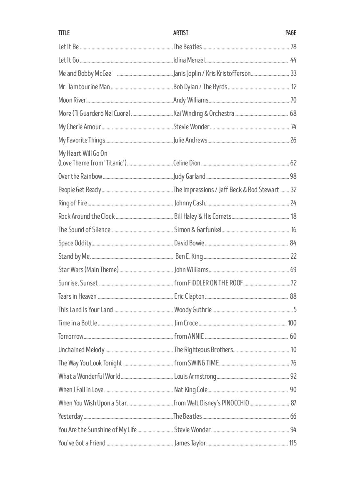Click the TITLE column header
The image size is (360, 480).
(64, 33)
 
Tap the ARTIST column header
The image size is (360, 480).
(181, 33)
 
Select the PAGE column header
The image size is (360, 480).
(291, 33)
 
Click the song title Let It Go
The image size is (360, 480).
(68, 60)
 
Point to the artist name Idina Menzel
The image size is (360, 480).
(189, 60)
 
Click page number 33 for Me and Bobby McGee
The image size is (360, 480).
(293, 73)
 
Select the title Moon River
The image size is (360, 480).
(72, 100)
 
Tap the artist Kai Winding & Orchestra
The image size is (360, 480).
(204, 113)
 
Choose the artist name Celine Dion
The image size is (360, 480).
(187, 163)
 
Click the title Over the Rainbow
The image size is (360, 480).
(80, 176)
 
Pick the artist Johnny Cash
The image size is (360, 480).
(190, 203)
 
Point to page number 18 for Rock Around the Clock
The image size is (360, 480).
(293, 216)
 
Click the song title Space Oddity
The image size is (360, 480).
(75, 243)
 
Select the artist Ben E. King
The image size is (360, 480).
(189, 256)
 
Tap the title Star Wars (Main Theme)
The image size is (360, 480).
(88, 270)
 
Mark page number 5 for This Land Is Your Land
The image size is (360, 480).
(295, 310)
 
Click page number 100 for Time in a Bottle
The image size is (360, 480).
(292, 323)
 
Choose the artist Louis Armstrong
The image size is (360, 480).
(195, 376)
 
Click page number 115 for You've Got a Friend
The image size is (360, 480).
(292, 443)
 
